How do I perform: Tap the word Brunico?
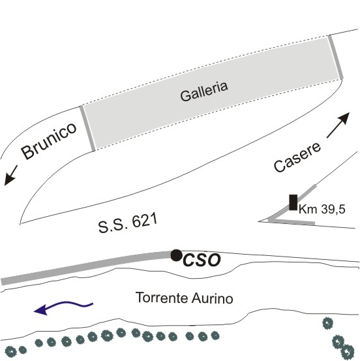(49, 140)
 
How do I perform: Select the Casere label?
(297, 157)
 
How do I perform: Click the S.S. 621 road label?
(128, 223)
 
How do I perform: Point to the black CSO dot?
(176, 255)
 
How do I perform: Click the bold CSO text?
(202, 260)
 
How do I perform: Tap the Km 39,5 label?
(322, 210)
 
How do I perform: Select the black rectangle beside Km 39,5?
(293, 202)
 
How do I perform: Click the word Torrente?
(162, 298)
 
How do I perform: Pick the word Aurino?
(213, 298)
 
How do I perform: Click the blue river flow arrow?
(63, 307)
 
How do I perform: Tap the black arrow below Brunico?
(10, 176)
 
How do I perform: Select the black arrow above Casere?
(338, 125)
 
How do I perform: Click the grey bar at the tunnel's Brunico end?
(87, 129)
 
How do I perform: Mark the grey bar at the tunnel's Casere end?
(336, 57)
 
